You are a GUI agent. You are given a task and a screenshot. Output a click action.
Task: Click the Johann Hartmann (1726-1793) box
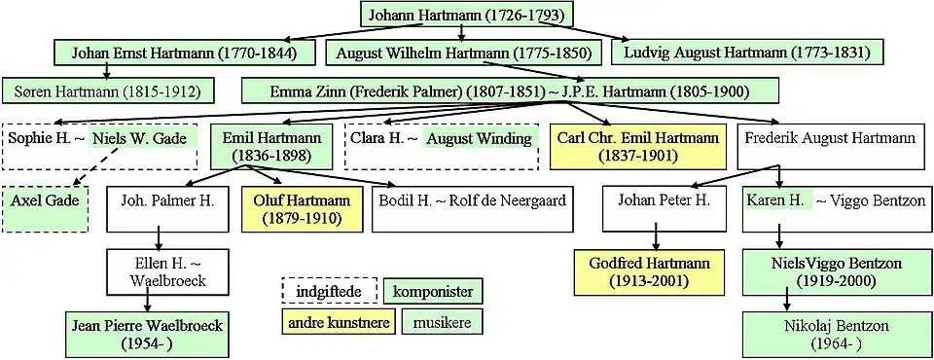pos(466,15)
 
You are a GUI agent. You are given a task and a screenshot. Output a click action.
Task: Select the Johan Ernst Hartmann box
pos(184,54)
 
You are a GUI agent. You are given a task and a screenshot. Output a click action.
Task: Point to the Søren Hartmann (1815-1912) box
pos(107,91)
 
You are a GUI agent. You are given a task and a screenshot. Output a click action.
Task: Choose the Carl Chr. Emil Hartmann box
pos(638,147)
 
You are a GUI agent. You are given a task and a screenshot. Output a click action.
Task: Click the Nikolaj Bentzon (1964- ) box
pos(836,335)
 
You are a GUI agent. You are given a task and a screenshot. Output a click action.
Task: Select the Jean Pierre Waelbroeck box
pos(147,335)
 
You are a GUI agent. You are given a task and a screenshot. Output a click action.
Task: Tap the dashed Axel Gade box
pos(45,210)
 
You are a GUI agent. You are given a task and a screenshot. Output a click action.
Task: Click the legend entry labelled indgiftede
pos(330,292)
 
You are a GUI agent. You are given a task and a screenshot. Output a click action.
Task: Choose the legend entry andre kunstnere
pos(339,322)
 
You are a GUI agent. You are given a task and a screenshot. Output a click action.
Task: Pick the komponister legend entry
pos(433,292)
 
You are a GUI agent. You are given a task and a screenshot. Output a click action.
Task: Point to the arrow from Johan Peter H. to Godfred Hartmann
pos(655,235)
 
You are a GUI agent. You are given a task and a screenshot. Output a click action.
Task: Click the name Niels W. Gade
pos(142,139)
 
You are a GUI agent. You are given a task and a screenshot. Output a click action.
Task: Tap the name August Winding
pos(479,139)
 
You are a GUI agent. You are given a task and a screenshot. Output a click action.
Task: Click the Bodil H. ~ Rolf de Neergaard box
pos(473,210)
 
